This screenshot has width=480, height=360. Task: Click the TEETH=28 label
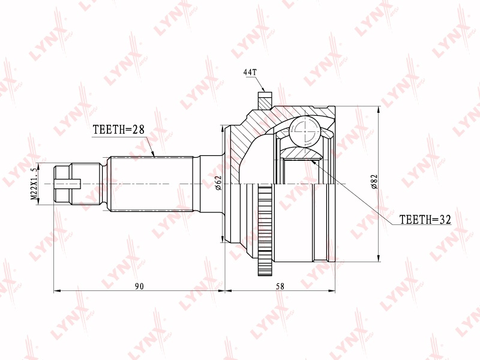pos(118,130)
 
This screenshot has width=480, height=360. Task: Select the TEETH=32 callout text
pos(425,219)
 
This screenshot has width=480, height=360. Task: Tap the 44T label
pos(250,72)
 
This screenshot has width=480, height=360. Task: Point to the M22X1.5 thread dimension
pos(35,182)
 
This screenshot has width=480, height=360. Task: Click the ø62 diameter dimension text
pos(218,183)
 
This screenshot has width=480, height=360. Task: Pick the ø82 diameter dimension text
pos(374,182)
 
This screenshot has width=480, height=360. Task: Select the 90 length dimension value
pos(139,286)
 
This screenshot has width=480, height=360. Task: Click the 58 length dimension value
pos(280,286)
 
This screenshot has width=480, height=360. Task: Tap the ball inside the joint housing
pos(305,131)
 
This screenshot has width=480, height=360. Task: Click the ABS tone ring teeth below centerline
pos(265,229)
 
